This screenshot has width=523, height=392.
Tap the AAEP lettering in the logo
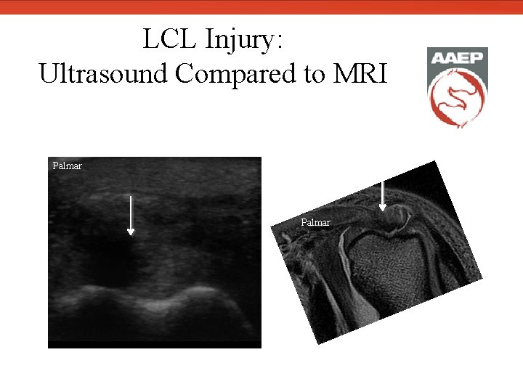(456, 59)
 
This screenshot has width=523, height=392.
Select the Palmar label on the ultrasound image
(68, 166)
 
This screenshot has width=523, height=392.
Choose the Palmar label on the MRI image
(316, 222)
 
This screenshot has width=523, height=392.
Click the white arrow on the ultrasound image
(131, 215)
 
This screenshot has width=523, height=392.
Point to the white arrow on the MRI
(383, 195)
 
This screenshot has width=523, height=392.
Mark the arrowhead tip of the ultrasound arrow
(131, 234)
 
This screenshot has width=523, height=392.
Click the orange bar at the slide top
(261, 7)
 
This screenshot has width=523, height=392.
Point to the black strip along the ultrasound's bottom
(154, 344)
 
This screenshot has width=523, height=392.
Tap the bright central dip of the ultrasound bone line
(154, 305)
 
